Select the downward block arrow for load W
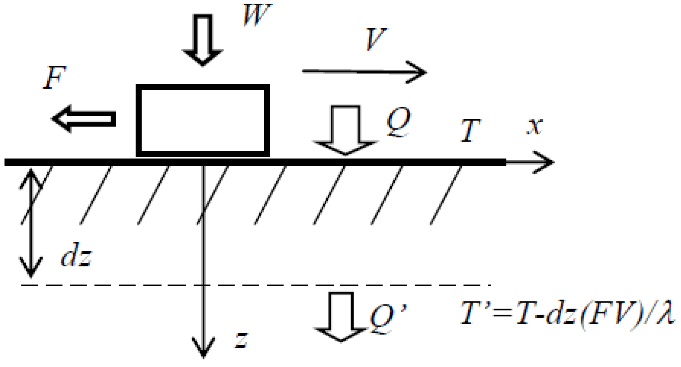coord(203,39)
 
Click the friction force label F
coord(55,78)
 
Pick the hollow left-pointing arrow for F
coord(83,119)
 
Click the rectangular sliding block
coord(203,120)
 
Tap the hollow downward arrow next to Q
coord(345,130)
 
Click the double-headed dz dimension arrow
coord(31,223)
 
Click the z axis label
coord(241,340)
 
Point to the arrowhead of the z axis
coord(203,348)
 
